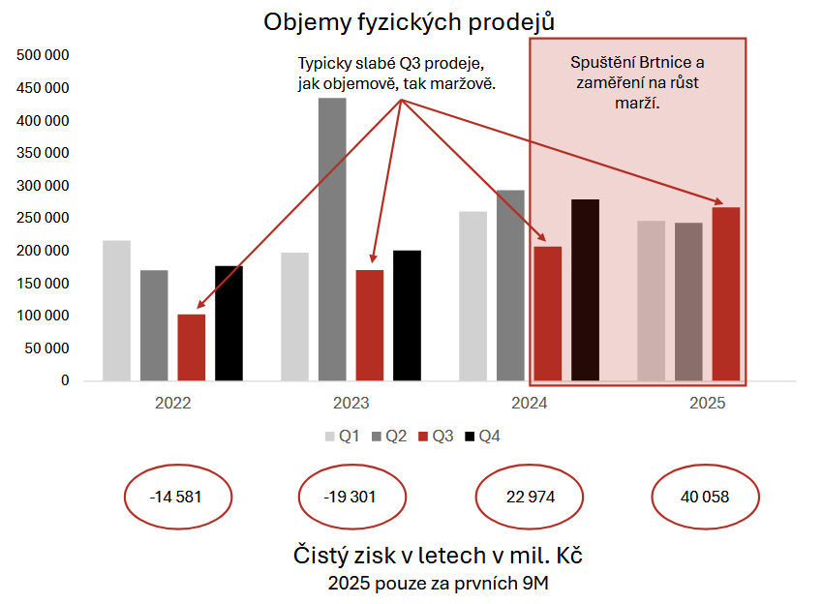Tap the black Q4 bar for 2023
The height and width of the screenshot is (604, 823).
tap(407, 316)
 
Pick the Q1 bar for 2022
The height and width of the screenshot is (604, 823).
tap(116, 310)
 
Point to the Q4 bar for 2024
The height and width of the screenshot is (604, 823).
tap(585, 289)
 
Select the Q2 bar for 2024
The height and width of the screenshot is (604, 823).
tap(510, 285)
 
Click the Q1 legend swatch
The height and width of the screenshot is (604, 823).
tap(330, 437)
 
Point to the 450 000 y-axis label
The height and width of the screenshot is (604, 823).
tap(45, 88)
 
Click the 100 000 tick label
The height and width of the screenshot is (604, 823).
tap(45, 316)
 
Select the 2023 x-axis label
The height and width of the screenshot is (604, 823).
tap(351, 404)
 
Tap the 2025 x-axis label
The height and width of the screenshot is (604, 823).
tap(707, 404)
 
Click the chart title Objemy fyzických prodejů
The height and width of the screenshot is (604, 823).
tap(411, 21)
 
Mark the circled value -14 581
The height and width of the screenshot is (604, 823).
tap(177, 498)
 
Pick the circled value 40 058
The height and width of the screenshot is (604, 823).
tap(703, 498)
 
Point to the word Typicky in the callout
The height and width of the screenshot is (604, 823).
tap(325, 64)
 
